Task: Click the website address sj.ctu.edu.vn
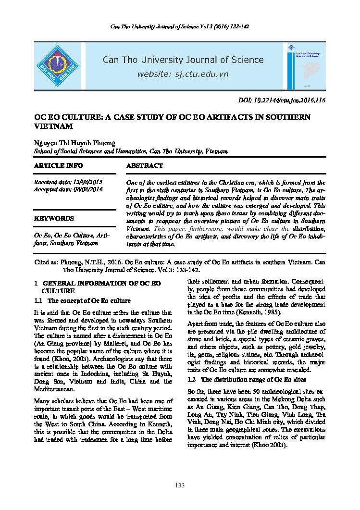183,75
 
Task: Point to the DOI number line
282,100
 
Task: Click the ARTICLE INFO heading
58,165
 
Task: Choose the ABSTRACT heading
144,165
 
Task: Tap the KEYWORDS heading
53,218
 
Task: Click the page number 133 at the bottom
180,485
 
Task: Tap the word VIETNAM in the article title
53,126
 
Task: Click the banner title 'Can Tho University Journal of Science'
183,60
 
